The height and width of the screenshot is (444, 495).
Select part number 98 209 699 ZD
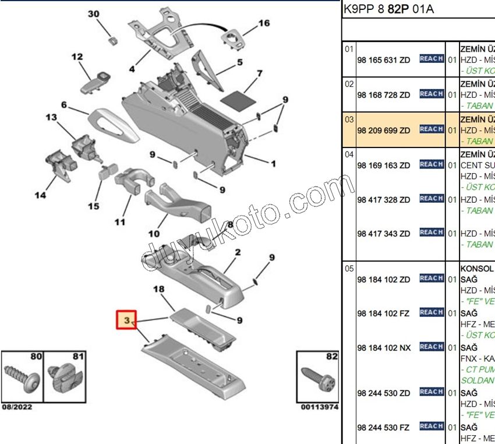383,130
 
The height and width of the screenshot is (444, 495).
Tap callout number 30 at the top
94,14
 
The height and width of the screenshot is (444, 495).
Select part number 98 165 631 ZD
383,59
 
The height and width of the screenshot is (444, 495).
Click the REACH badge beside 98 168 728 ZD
432,94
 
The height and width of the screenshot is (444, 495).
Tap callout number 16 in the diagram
264,23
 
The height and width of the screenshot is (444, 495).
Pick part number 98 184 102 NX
383,348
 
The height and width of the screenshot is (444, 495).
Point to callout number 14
40,195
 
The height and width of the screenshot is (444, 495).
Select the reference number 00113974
319,407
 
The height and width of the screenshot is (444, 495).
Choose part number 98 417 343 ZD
383,234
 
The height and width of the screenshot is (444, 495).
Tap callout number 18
159,289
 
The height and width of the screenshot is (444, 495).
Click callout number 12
77,57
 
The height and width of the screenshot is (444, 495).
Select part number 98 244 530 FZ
383,428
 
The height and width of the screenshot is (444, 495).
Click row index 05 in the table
349,269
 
